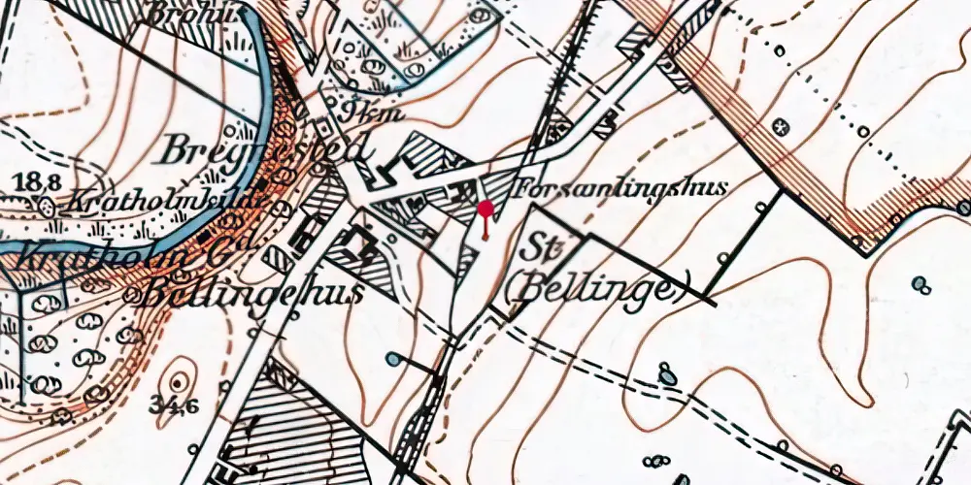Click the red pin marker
(485, 210)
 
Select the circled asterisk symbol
(780, 127)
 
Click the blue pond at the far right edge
(921, 283)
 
